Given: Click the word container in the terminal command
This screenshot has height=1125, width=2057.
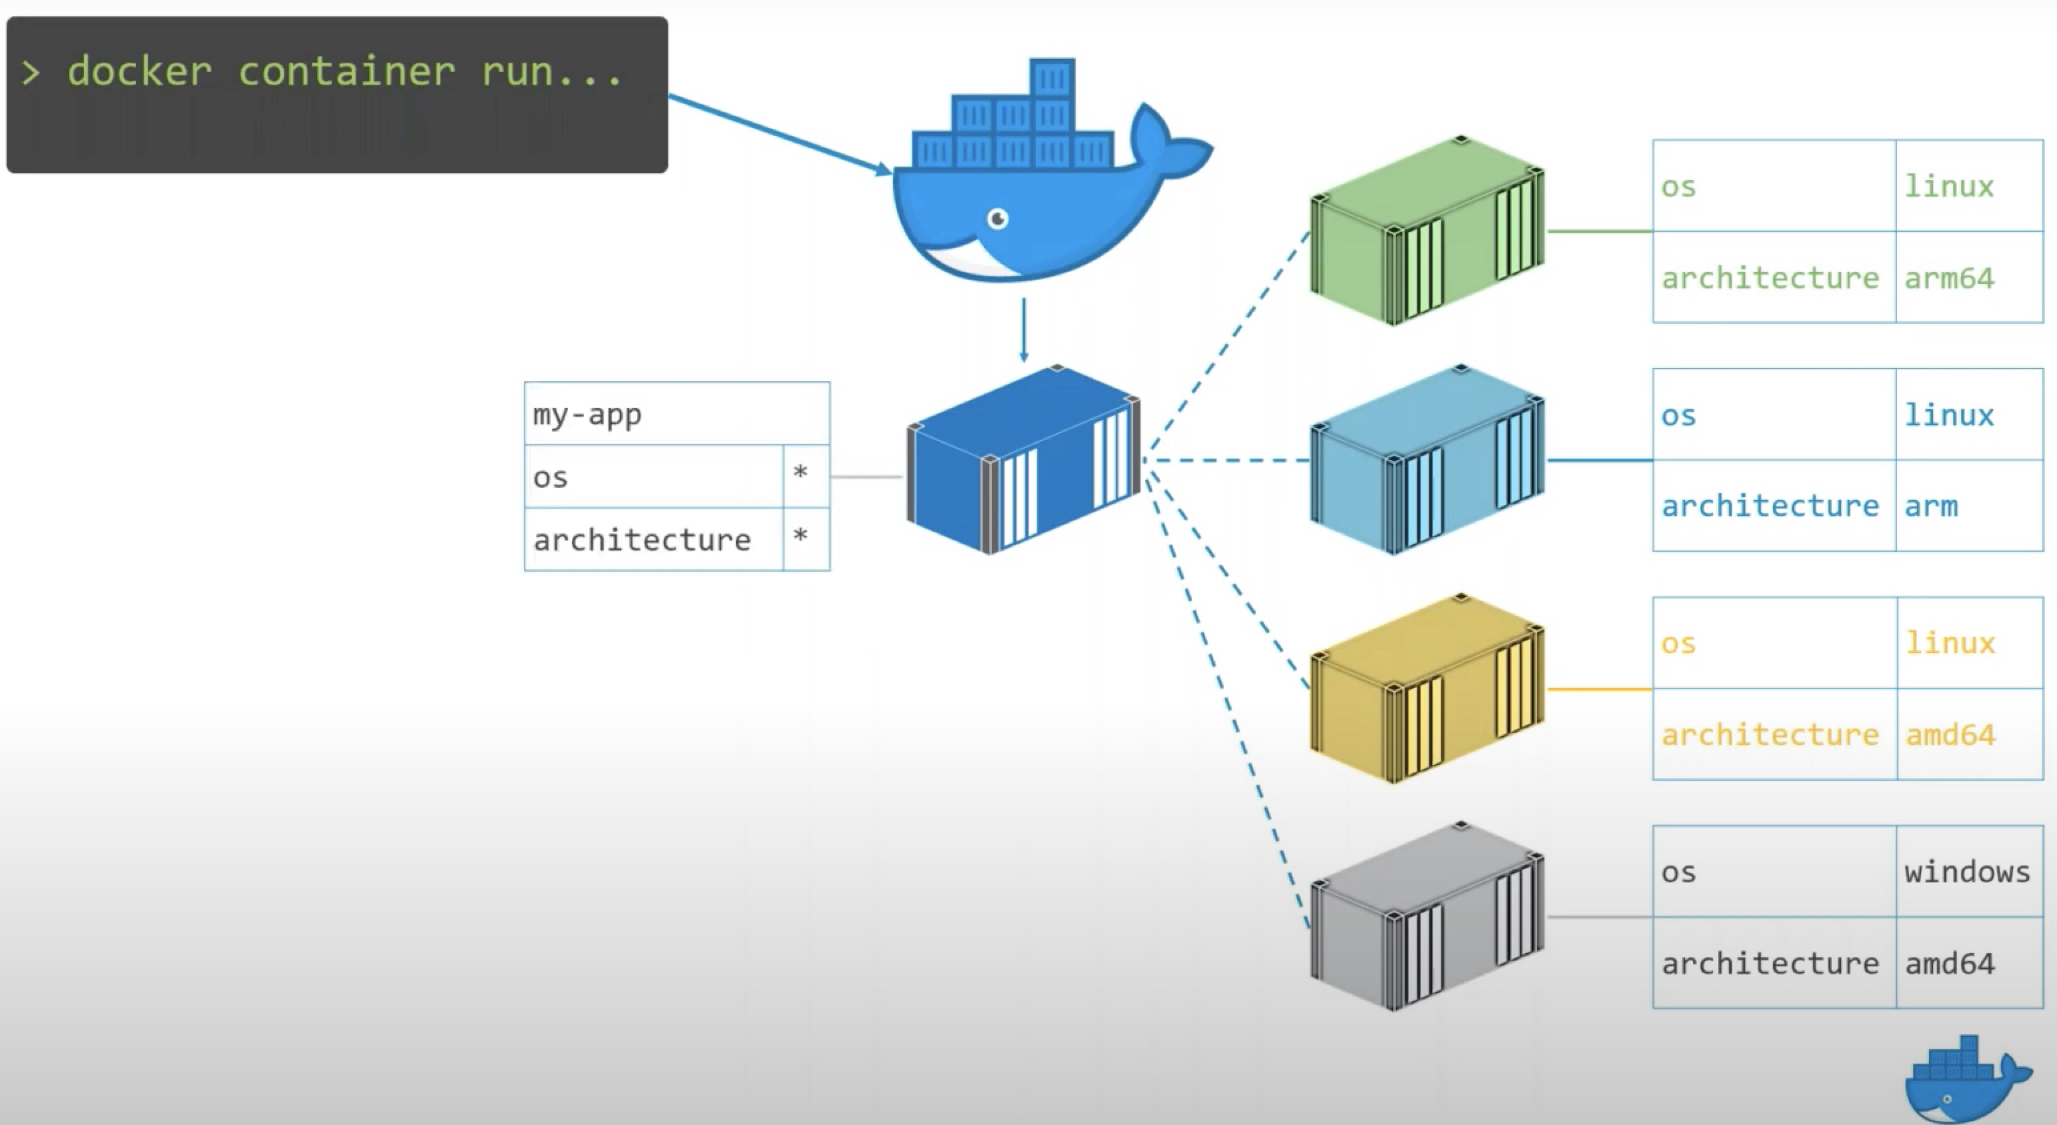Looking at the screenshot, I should tap(346, 72).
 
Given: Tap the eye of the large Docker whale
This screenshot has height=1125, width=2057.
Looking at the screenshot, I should tap(997, 218).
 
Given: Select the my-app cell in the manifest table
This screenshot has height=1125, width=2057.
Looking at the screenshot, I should tap(588, 415).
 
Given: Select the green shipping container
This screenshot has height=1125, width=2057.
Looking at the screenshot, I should tap(1426, 231).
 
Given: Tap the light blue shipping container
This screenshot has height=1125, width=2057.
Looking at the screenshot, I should tap(1426, 461).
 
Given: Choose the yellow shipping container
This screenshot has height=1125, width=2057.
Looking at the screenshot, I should tap(1426, 689).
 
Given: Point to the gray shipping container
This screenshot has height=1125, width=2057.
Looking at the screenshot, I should tap(1426, 918).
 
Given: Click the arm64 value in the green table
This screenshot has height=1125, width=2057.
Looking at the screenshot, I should tap(1949, 279).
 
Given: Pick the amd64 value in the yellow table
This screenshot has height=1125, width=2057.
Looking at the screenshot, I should tap(1950, 734).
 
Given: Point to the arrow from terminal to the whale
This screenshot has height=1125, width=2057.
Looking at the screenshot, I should tap(779, 133).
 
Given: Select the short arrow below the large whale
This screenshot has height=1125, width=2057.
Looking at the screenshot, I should tap(1024, 330).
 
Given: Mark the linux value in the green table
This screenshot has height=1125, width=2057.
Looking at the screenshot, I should tap(1949, 187).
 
